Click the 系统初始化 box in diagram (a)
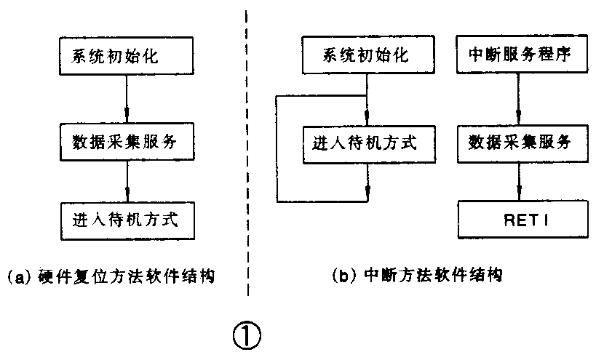[x=128, y=57]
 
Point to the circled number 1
[x=246, y=335]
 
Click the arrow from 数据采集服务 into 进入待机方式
[x=128, y=182]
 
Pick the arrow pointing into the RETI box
[x=518, y=182]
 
